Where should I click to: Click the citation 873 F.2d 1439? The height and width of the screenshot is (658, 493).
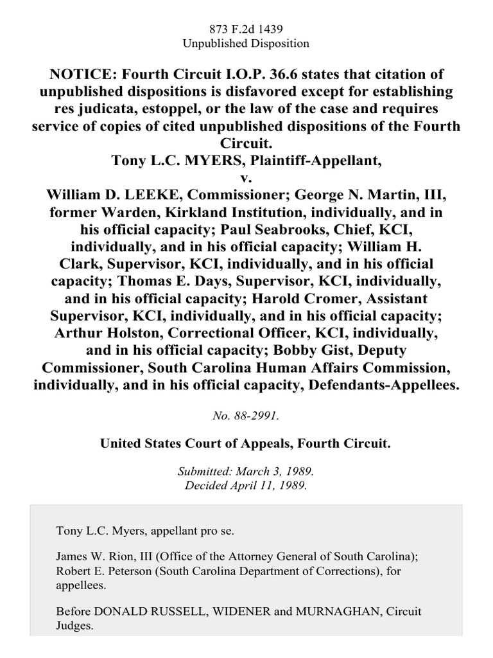tap(246, 29)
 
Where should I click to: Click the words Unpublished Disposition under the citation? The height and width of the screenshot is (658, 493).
tap(246, 44)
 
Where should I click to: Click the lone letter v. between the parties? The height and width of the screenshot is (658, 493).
tap(246, 176)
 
